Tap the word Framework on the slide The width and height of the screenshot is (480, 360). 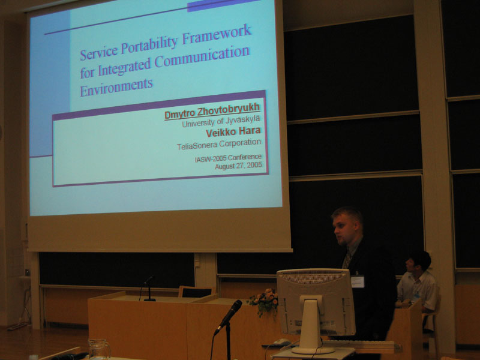[x=217, y=34]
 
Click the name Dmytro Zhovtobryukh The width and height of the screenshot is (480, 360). [x=212, y=112]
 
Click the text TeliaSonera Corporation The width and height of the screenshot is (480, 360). [x=219, y=144]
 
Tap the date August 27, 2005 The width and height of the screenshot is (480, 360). [x=238, y=166]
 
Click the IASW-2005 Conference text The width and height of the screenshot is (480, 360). [x=228, y=158]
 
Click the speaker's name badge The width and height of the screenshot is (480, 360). [x=358, y=281]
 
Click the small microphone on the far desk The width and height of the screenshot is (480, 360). [x=149, y=288]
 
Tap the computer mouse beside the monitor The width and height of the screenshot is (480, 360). [x=281, y=342]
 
